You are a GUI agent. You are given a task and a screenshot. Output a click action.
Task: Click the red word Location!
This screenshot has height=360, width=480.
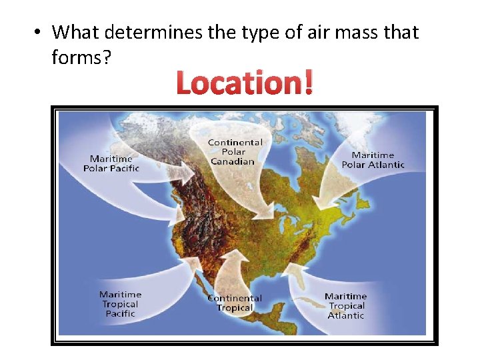tap(244, 84)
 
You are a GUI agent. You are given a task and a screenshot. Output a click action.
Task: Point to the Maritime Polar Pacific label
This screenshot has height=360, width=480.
tap(111, 163)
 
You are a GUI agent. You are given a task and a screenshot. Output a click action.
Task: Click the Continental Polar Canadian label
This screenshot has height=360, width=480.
tap(235, 152)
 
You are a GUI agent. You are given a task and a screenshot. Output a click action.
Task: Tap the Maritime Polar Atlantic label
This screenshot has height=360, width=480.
tap(373, 160)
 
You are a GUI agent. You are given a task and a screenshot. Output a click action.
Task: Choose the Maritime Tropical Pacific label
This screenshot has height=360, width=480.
tap(120, 304)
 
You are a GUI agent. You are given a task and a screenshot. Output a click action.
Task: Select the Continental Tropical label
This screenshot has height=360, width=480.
tap(235, 303)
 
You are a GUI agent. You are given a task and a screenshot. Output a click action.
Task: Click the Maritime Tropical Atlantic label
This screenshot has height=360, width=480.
tap(346, 305)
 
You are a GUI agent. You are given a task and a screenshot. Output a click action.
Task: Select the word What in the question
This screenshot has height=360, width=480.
tap(75, 32)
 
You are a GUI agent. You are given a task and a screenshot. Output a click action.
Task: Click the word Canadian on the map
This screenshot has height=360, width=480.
tap(233, 161)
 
